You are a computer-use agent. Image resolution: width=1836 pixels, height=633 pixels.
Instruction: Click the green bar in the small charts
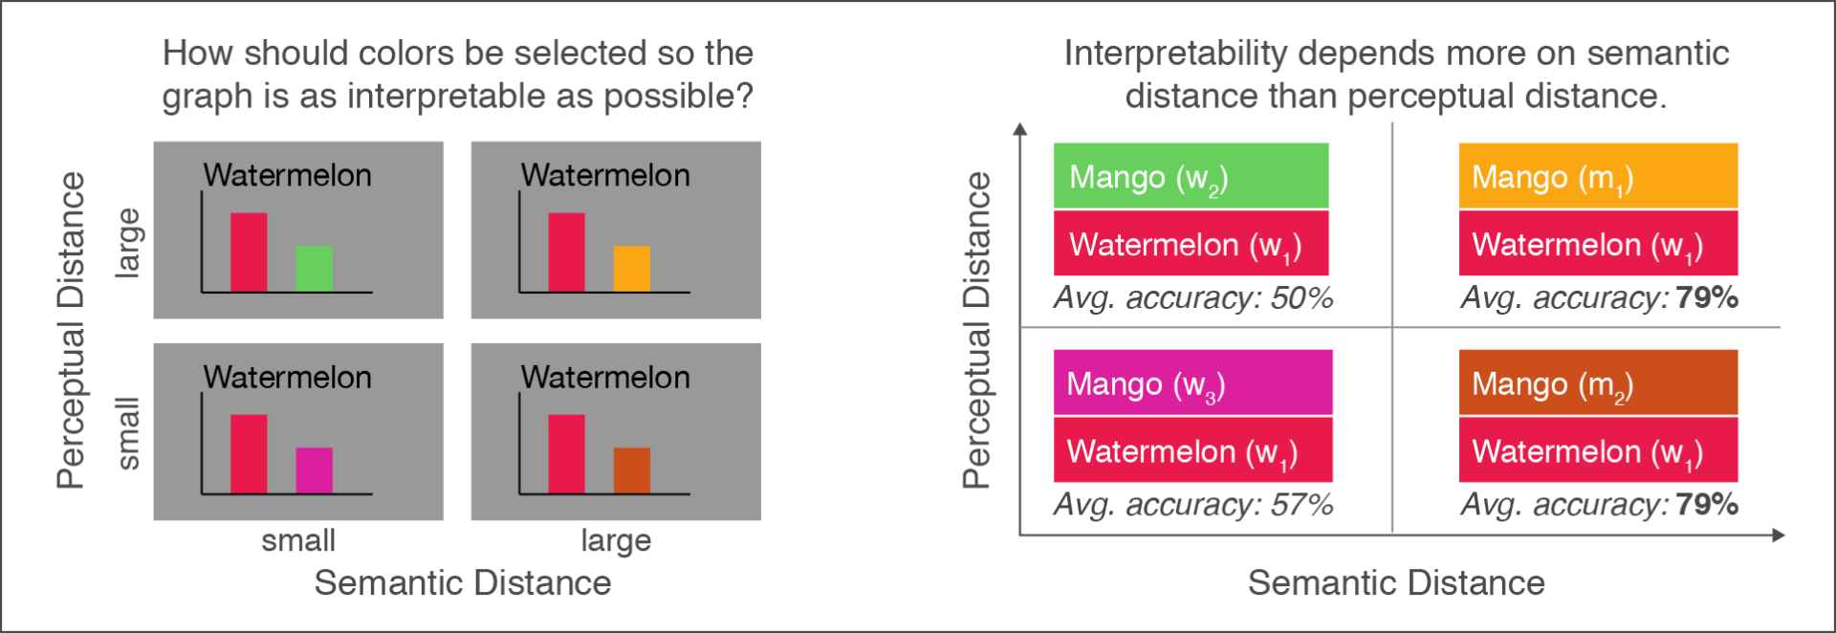pos(314,269)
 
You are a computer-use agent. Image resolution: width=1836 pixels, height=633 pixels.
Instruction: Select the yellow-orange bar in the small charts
pos(631,269)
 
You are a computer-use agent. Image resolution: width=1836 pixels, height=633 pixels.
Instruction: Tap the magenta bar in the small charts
pos(314,470)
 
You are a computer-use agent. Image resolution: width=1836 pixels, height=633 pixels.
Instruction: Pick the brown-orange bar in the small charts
pos(631,470)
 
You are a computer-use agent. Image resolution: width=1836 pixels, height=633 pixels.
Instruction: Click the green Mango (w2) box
pos(1191,176)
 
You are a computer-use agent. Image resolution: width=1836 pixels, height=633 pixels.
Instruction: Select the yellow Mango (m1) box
pos(1597,176)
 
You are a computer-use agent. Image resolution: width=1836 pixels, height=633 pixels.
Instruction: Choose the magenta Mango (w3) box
pos(1192,382)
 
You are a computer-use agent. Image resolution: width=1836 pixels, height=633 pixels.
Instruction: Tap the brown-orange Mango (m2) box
pos(1597,382)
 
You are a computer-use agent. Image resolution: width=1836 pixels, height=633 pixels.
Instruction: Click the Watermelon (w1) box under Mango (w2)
pos(1191,244)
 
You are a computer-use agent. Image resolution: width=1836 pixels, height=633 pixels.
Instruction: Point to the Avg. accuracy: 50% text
pos(1192,298)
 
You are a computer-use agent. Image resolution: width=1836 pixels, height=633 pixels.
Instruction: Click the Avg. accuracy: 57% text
pos(1192,505)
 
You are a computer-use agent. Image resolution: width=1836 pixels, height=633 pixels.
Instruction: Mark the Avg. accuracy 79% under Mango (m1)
pos(1599,298)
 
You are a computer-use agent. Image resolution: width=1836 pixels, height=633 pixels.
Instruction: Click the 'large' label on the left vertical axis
pos(128,243)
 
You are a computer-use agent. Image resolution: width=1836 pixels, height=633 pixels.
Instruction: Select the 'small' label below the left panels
pos(298,541)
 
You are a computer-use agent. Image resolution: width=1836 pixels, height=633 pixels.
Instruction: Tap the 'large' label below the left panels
pos(616,541)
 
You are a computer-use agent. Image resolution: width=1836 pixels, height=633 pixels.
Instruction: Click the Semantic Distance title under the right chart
pos(1396,583)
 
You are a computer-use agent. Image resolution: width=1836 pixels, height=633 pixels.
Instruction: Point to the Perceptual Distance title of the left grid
pos(71,330)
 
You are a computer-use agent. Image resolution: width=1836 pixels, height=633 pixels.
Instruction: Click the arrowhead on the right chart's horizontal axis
pos(1778,535)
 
